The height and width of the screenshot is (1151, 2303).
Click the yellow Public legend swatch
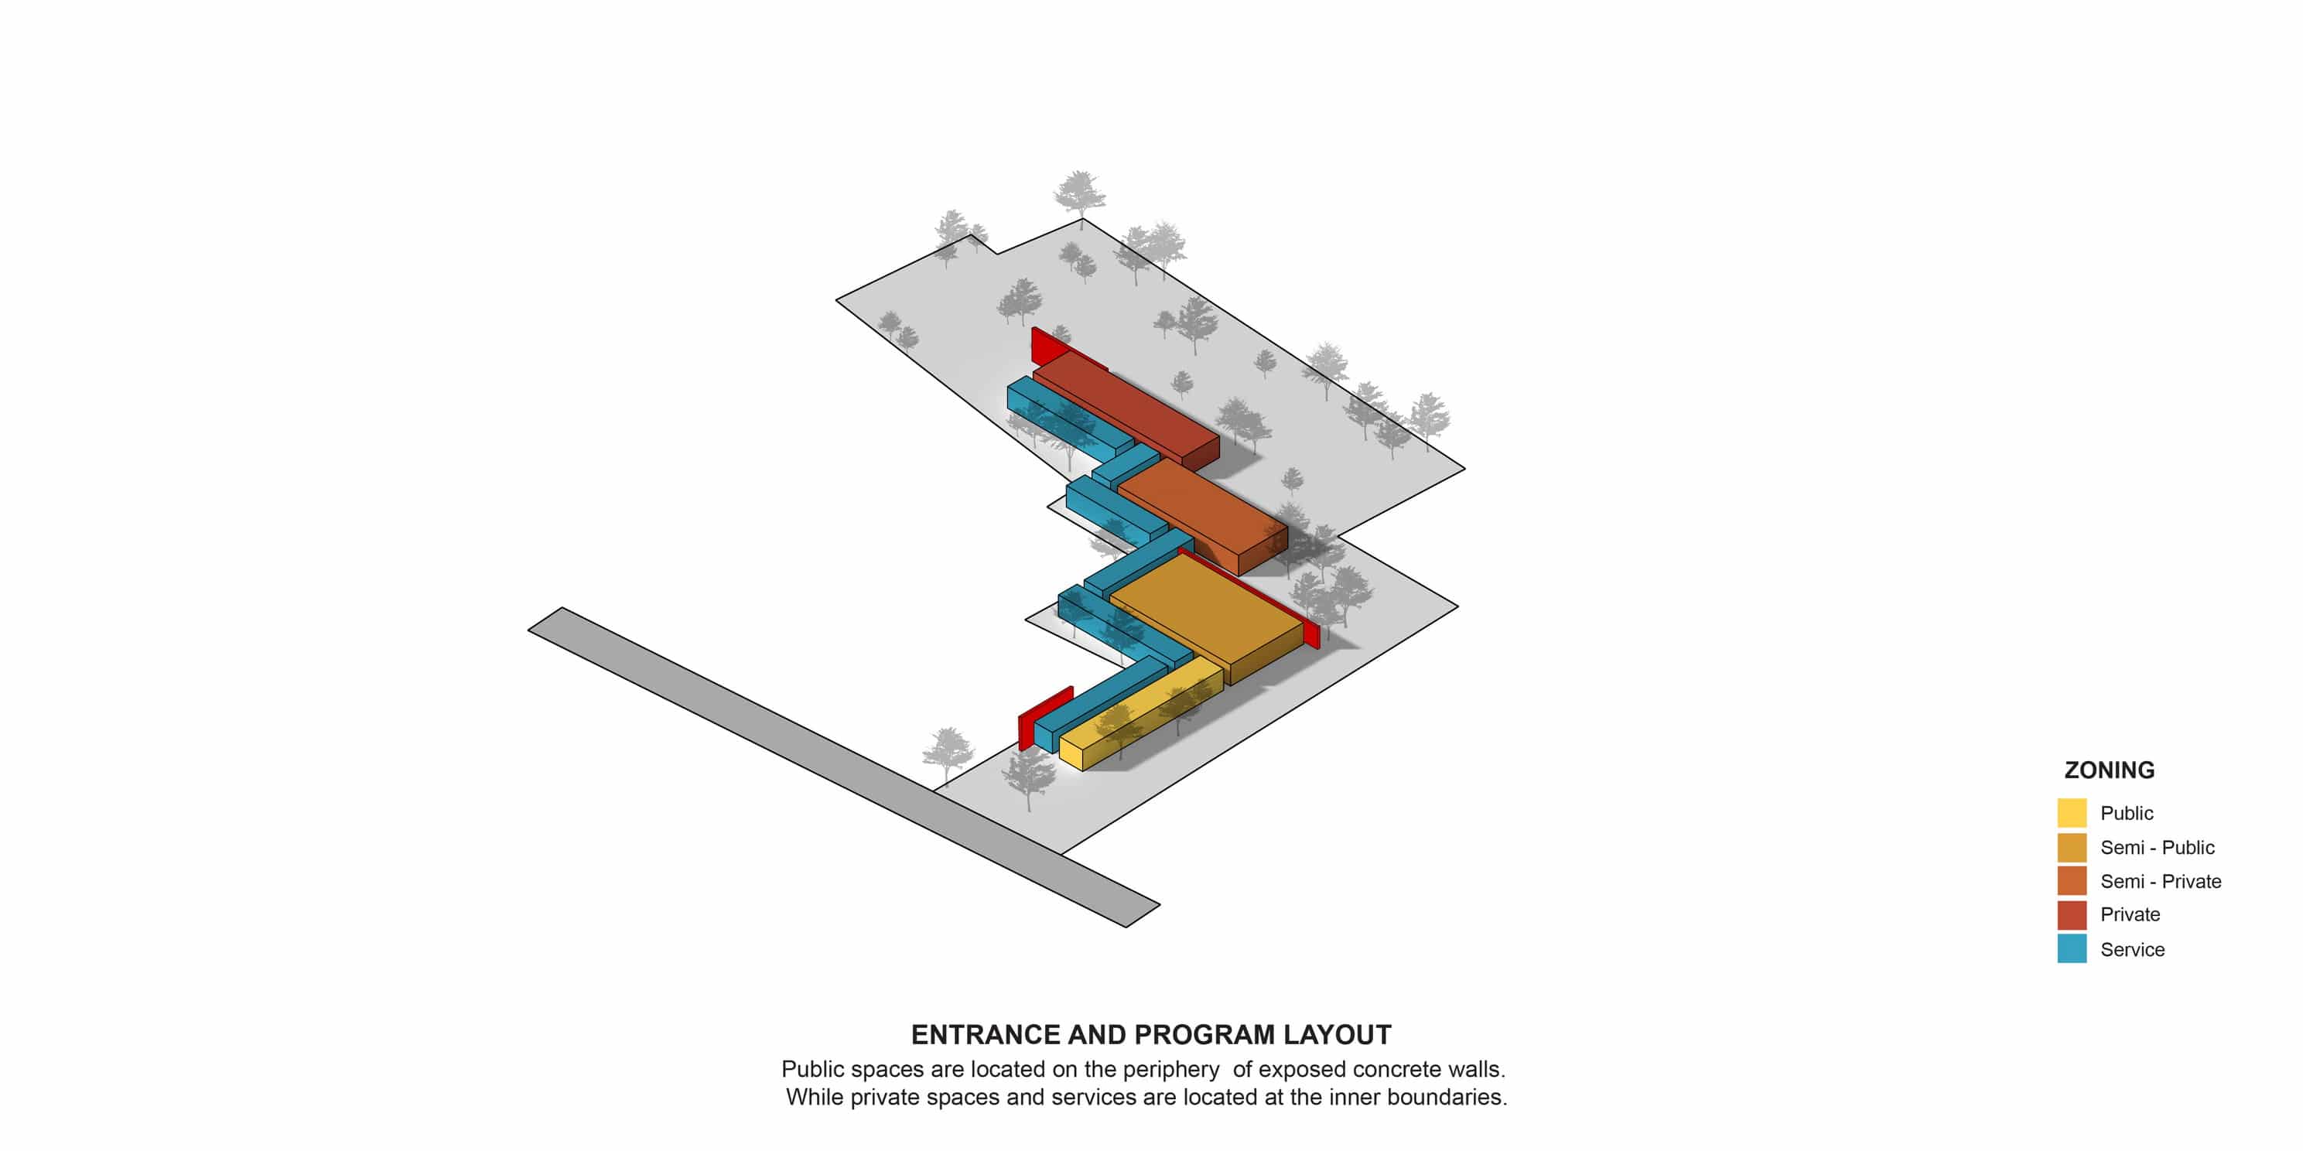coord(2072,812)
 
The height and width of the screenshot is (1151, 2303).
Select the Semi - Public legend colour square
coord(2072,847)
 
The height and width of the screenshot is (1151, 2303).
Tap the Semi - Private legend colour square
coord(2072,881)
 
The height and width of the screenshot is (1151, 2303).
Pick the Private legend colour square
coord(2072,915)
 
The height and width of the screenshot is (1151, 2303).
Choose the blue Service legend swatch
coord(2072,948)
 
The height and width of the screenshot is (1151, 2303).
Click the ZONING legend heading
coord(2109,770)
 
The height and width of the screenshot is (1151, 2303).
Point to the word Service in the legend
coord(2132,950)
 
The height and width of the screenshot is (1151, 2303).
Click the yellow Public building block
coord(1140,710)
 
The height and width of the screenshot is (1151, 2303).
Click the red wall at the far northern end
coord(1051,346)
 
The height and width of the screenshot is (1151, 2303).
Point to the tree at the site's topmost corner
coord(1080,192)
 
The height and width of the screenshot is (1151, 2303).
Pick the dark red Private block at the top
coord(1126,407)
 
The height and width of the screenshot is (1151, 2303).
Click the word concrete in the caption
coord(1395,1070)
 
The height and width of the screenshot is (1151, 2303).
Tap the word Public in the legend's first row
coord(2127,813)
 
